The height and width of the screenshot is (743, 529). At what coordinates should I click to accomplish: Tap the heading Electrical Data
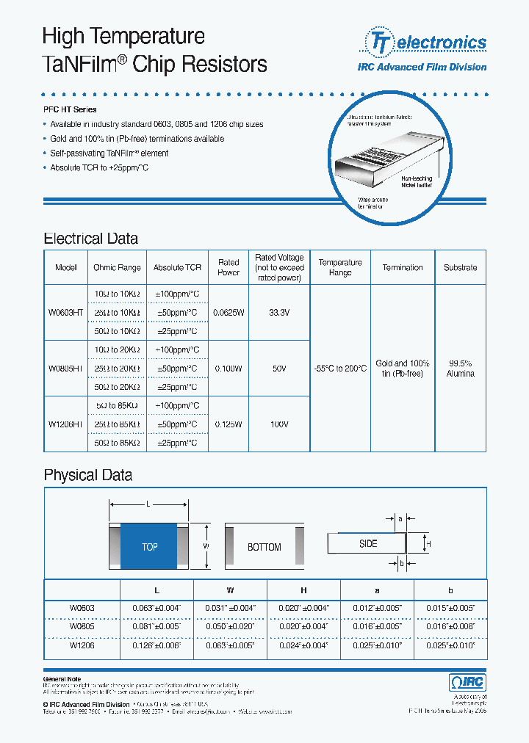point(90,239)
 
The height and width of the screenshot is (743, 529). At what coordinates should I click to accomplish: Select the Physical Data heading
point(88,475)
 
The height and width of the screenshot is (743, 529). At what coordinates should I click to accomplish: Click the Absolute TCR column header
point(177,268)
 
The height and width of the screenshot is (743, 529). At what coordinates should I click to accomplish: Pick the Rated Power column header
point(228,267)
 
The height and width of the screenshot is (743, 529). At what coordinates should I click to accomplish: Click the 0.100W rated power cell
point(228,368)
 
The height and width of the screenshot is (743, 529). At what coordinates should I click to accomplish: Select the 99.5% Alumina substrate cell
point(460,368)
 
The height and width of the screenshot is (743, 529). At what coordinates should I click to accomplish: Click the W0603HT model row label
point(66,312)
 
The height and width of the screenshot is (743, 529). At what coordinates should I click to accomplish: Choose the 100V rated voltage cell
point(279,424)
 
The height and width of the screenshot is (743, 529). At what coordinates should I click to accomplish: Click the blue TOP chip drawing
point(149,547)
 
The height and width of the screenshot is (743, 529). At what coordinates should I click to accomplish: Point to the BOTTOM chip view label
point(264,547)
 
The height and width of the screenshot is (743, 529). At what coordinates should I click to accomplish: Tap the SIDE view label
point(368,543)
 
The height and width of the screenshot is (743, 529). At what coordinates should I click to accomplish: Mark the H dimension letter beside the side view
point(428,543)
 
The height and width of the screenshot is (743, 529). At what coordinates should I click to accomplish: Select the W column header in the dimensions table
point(229,590)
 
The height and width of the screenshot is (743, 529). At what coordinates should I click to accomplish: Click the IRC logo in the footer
point(467,682)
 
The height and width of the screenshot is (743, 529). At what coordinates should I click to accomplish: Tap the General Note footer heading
point(62,679)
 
